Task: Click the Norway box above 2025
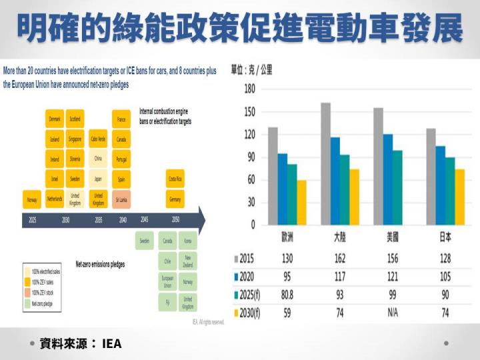click(x=32, y=199)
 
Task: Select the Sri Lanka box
click(x=121, y=199)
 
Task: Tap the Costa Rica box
click(x=175, y=179)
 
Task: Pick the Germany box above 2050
click(x=175, y=199)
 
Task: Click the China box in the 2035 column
click(x=98, y=159)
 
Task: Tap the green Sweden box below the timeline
click(x=145, y=240)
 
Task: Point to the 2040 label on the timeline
click(x=123, y=219)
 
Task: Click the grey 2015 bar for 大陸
click(x=325, y=163)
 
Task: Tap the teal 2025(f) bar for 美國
click(x=397, y=187)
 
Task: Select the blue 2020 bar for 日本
click(x=440, y=185)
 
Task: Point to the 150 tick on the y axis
click(x=249, y=111)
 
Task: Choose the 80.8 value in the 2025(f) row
click(x=287, y=295)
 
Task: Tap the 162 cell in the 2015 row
click(x=340, y=258)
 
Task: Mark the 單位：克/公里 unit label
click(x=251, y=69)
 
